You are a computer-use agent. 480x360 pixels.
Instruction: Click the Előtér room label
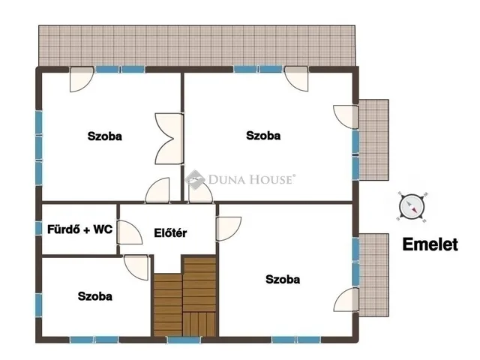(170, 233)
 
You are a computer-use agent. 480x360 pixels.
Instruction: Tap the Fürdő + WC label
(80, 229)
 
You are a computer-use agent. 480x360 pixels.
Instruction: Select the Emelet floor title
(430, 244)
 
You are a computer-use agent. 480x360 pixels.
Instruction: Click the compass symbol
(412, 207)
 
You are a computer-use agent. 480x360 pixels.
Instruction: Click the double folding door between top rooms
(169, 139)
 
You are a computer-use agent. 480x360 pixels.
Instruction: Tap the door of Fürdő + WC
(130, 232)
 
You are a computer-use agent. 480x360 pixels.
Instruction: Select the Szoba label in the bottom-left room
(95, 296)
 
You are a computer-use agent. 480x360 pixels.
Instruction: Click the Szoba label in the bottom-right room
(283, 279)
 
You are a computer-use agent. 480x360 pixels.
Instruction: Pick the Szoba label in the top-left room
(105, 136)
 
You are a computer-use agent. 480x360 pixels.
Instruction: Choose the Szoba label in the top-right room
(263, 136)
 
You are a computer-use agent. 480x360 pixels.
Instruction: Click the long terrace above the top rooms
(197, 46)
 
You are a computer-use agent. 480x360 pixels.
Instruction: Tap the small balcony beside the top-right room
(373, 140)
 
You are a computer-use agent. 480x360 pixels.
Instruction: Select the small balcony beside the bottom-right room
(373, 275)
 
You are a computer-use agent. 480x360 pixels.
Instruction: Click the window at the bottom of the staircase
(184, 340)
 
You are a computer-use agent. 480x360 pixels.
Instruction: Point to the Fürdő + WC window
(38, 229)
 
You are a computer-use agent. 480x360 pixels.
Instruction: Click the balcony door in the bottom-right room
(346, 300)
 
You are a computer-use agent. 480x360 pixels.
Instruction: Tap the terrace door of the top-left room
(82, 79)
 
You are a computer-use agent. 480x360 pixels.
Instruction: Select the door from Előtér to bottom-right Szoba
(229, 229)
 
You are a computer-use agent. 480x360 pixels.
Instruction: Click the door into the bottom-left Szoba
(136, 268)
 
